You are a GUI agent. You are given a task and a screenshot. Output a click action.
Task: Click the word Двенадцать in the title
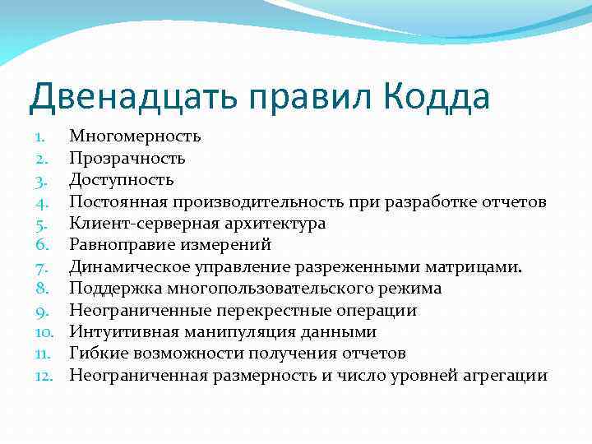pos(125,97)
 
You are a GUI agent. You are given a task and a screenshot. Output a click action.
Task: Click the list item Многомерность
pos(135,136)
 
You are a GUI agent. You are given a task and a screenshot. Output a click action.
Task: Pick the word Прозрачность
pos(127,158)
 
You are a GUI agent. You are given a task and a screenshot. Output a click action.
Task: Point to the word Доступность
pos(121,179)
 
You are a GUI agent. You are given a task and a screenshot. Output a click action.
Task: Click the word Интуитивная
pos(118,332)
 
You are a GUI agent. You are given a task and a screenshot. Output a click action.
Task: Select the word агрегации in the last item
pos(505,376)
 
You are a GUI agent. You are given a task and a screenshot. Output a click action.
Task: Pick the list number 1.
pos(43,136)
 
